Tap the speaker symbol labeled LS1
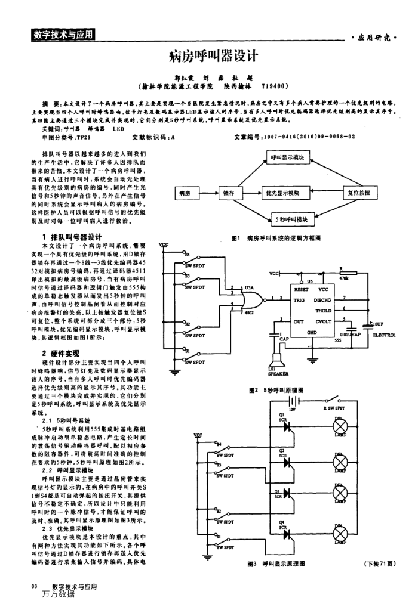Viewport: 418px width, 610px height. point(276,360)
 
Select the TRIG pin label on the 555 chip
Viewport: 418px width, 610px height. point(300,298)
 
